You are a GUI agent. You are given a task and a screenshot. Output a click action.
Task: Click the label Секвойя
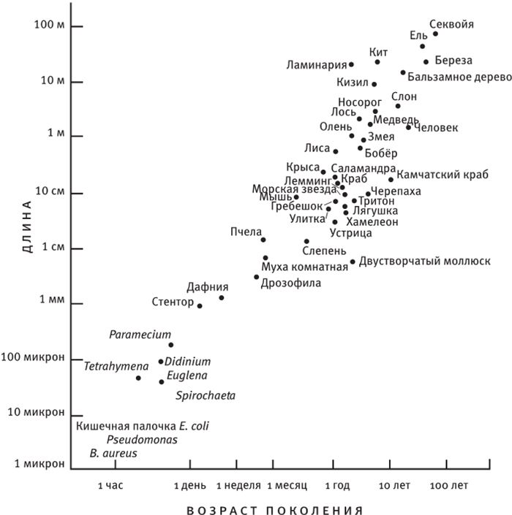point(451,24)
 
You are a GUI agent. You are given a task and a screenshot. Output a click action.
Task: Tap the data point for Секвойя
point(435,34)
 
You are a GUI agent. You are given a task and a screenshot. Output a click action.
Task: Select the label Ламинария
point(316,66)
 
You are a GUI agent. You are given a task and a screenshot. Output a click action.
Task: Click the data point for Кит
point(377,62)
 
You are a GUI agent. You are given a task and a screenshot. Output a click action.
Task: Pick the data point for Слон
point(398,106)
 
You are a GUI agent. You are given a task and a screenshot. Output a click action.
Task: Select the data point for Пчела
point(263,240)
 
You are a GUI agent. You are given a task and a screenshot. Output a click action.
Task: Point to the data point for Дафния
point(222,297)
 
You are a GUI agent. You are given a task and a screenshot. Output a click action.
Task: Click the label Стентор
point(172,301)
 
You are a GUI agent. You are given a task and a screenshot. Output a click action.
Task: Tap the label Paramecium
point(140,335)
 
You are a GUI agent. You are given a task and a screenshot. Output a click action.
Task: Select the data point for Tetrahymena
point(138,378)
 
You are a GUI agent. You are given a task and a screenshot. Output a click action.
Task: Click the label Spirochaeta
point(206,396)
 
